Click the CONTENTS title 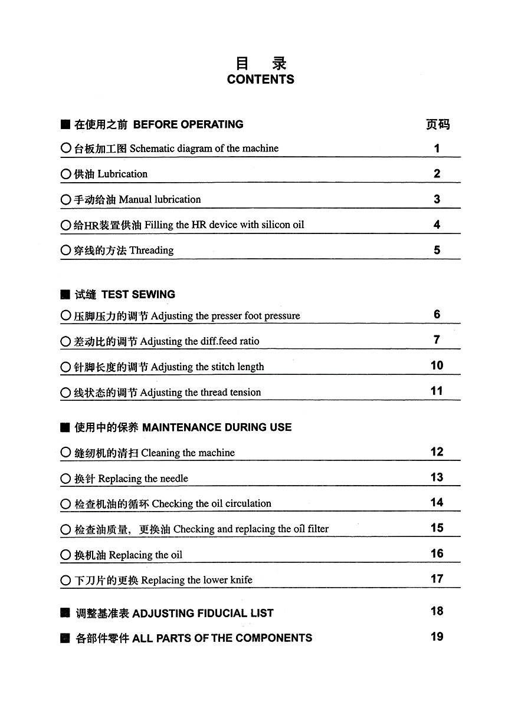point(260,80)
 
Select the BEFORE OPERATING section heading point(188,124)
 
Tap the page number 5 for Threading point(437,250)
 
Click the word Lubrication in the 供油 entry point(123,174)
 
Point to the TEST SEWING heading point(138,294)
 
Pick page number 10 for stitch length point(437,365)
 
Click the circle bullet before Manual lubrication point(65,200)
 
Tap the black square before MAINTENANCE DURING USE point(65,428)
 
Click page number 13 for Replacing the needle point(437,477)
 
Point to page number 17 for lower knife point(437,579)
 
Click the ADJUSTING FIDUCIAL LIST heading point(203,613)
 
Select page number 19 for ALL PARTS point(437,637)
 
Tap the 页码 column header point(437,124)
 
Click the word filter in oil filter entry point(318,529)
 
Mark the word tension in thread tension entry point(245,393)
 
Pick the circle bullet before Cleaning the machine point(65,453)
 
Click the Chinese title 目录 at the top point(260,63)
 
